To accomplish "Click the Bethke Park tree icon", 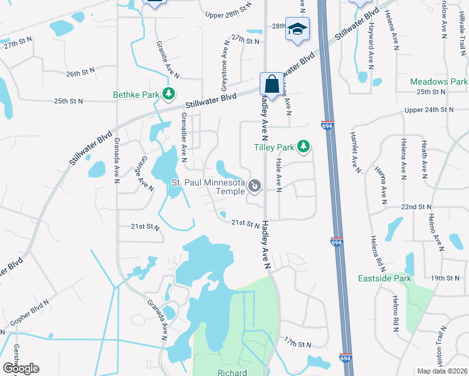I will [x=168, y=95].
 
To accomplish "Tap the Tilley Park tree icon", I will [x=303, y=147].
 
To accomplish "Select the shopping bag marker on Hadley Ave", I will [x=270, y=83].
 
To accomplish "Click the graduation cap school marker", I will [x=297, y=29].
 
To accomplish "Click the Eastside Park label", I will [x=384, y=278].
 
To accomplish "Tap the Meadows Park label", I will [x=439, y=82].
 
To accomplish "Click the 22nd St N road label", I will [x=417, y=206].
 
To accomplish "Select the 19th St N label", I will [x=446, y=278].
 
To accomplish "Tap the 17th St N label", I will [x=297, y=344].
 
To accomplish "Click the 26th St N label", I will [x=82, y=73].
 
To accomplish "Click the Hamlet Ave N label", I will [x=355, y=157].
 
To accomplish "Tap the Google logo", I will [x=21, y=368].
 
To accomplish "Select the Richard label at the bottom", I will [x=232, y=372].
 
